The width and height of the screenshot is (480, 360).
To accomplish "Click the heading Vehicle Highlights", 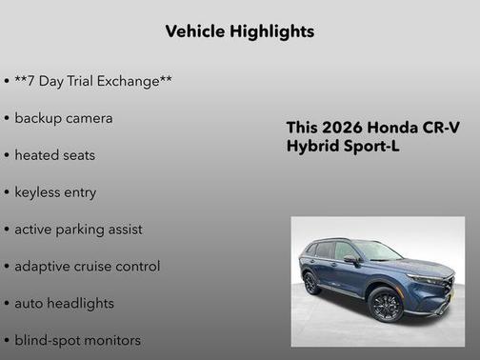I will click(x=239, y=31).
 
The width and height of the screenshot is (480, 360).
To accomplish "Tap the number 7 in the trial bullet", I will click(x=34, y=82).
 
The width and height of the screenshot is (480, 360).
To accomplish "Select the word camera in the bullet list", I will click(x=88, y=118).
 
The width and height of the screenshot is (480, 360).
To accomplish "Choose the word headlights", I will click(x=80, y=304).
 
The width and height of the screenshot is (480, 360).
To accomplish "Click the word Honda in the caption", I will click(x=391, y=128).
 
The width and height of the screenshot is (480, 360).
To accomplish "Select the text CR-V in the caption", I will click(x=440, y=128).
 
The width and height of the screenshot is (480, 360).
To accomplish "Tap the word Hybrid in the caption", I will click(x=311, y=147).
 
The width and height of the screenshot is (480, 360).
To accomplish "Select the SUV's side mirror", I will click(x=351, y=259).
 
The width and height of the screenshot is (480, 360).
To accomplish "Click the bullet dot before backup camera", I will click(x=7, y=119).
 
